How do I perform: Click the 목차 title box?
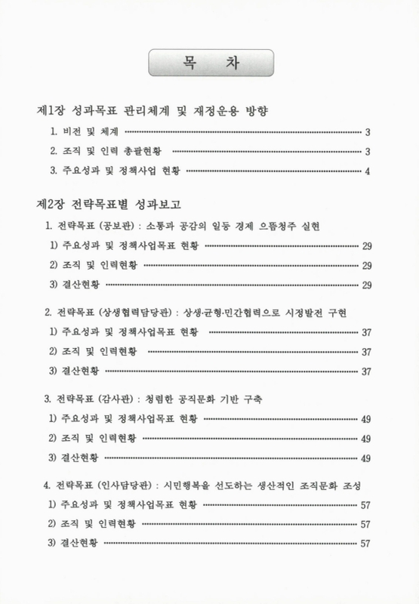[x=209, y=61]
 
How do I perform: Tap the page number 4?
[x=367, y=171]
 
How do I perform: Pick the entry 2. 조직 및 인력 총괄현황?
[x=105, y=152]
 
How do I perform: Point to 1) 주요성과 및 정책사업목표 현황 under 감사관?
[x=125, y=418]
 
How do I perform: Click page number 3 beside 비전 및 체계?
[x=367, y=133]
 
